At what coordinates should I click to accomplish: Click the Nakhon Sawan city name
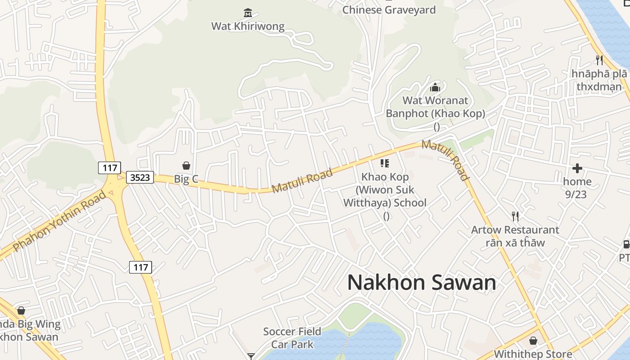(x=422, y=283)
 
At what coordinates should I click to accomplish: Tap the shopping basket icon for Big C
(x=186, y=166)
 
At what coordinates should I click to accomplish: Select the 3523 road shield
(x=139, y=177)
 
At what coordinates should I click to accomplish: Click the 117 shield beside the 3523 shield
(x=109, y=168)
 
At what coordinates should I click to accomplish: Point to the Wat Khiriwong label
(x=248, y=26)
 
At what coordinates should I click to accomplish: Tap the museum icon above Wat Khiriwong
(x=247, y=13)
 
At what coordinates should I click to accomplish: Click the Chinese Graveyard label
(x=389, y=10)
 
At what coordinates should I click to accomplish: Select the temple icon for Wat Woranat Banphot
(x=435, y=87)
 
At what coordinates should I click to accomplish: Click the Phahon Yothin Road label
(x=60, y=221)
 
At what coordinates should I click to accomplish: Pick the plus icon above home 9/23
(x=577, y=168)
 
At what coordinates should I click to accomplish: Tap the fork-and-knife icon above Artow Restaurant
(x=515, y=216)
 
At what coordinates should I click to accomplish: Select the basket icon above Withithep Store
(x=533, y=341)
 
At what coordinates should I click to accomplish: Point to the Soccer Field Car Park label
(x=292, y=338)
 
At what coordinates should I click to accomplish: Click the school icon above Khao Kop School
(x=384, y=163)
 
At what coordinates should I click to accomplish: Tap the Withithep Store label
(x=533, y=354)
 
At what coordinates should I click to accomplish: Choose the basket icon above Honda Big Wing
(x=21, y=310)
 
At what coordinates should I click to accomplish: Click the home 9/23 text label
(x=577, y=188)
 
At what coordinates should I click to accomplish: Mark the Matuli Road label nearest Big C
(x=302, y=181)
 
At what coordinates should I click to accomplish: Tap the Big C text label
(x=186, y=179)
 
